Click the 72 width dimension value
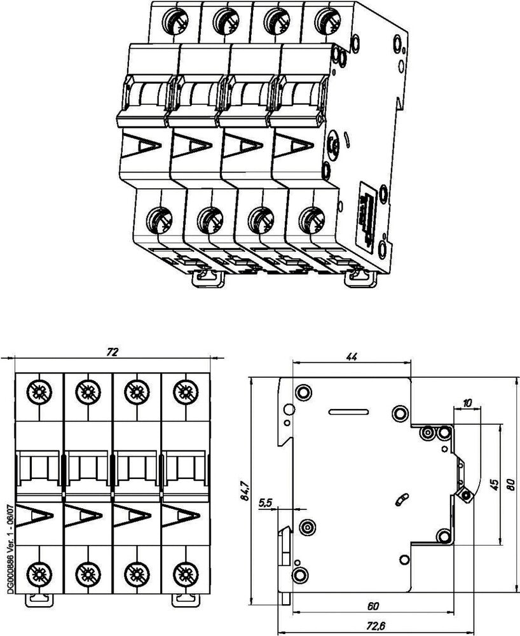click(112, 352)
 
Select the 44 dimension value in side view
click(351, 357)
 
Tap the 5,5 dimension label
click(266, 502)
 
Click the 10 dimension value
click(468, 403)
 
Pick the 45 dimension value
click(494, 485)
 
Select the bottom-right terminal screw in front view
click(184, 572)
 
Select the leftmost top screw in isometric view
click(173, 19)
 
